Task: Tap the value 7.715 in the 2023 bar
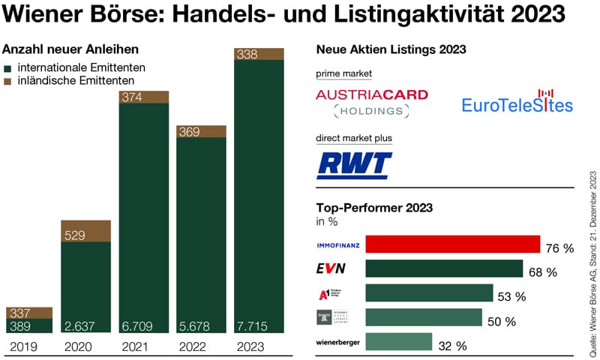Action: click(252, 325)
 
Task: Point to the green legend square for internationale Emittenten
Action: click(8, 67)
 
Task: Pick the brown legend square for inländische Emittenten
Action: click(8, 80)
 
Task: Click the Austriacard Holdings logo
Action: click(371, 103)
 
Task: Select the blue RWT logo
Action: click(355, 164)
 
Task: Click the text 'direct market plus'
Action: click(355, 139)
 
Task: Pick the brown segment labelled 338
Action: click(259, 54)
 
